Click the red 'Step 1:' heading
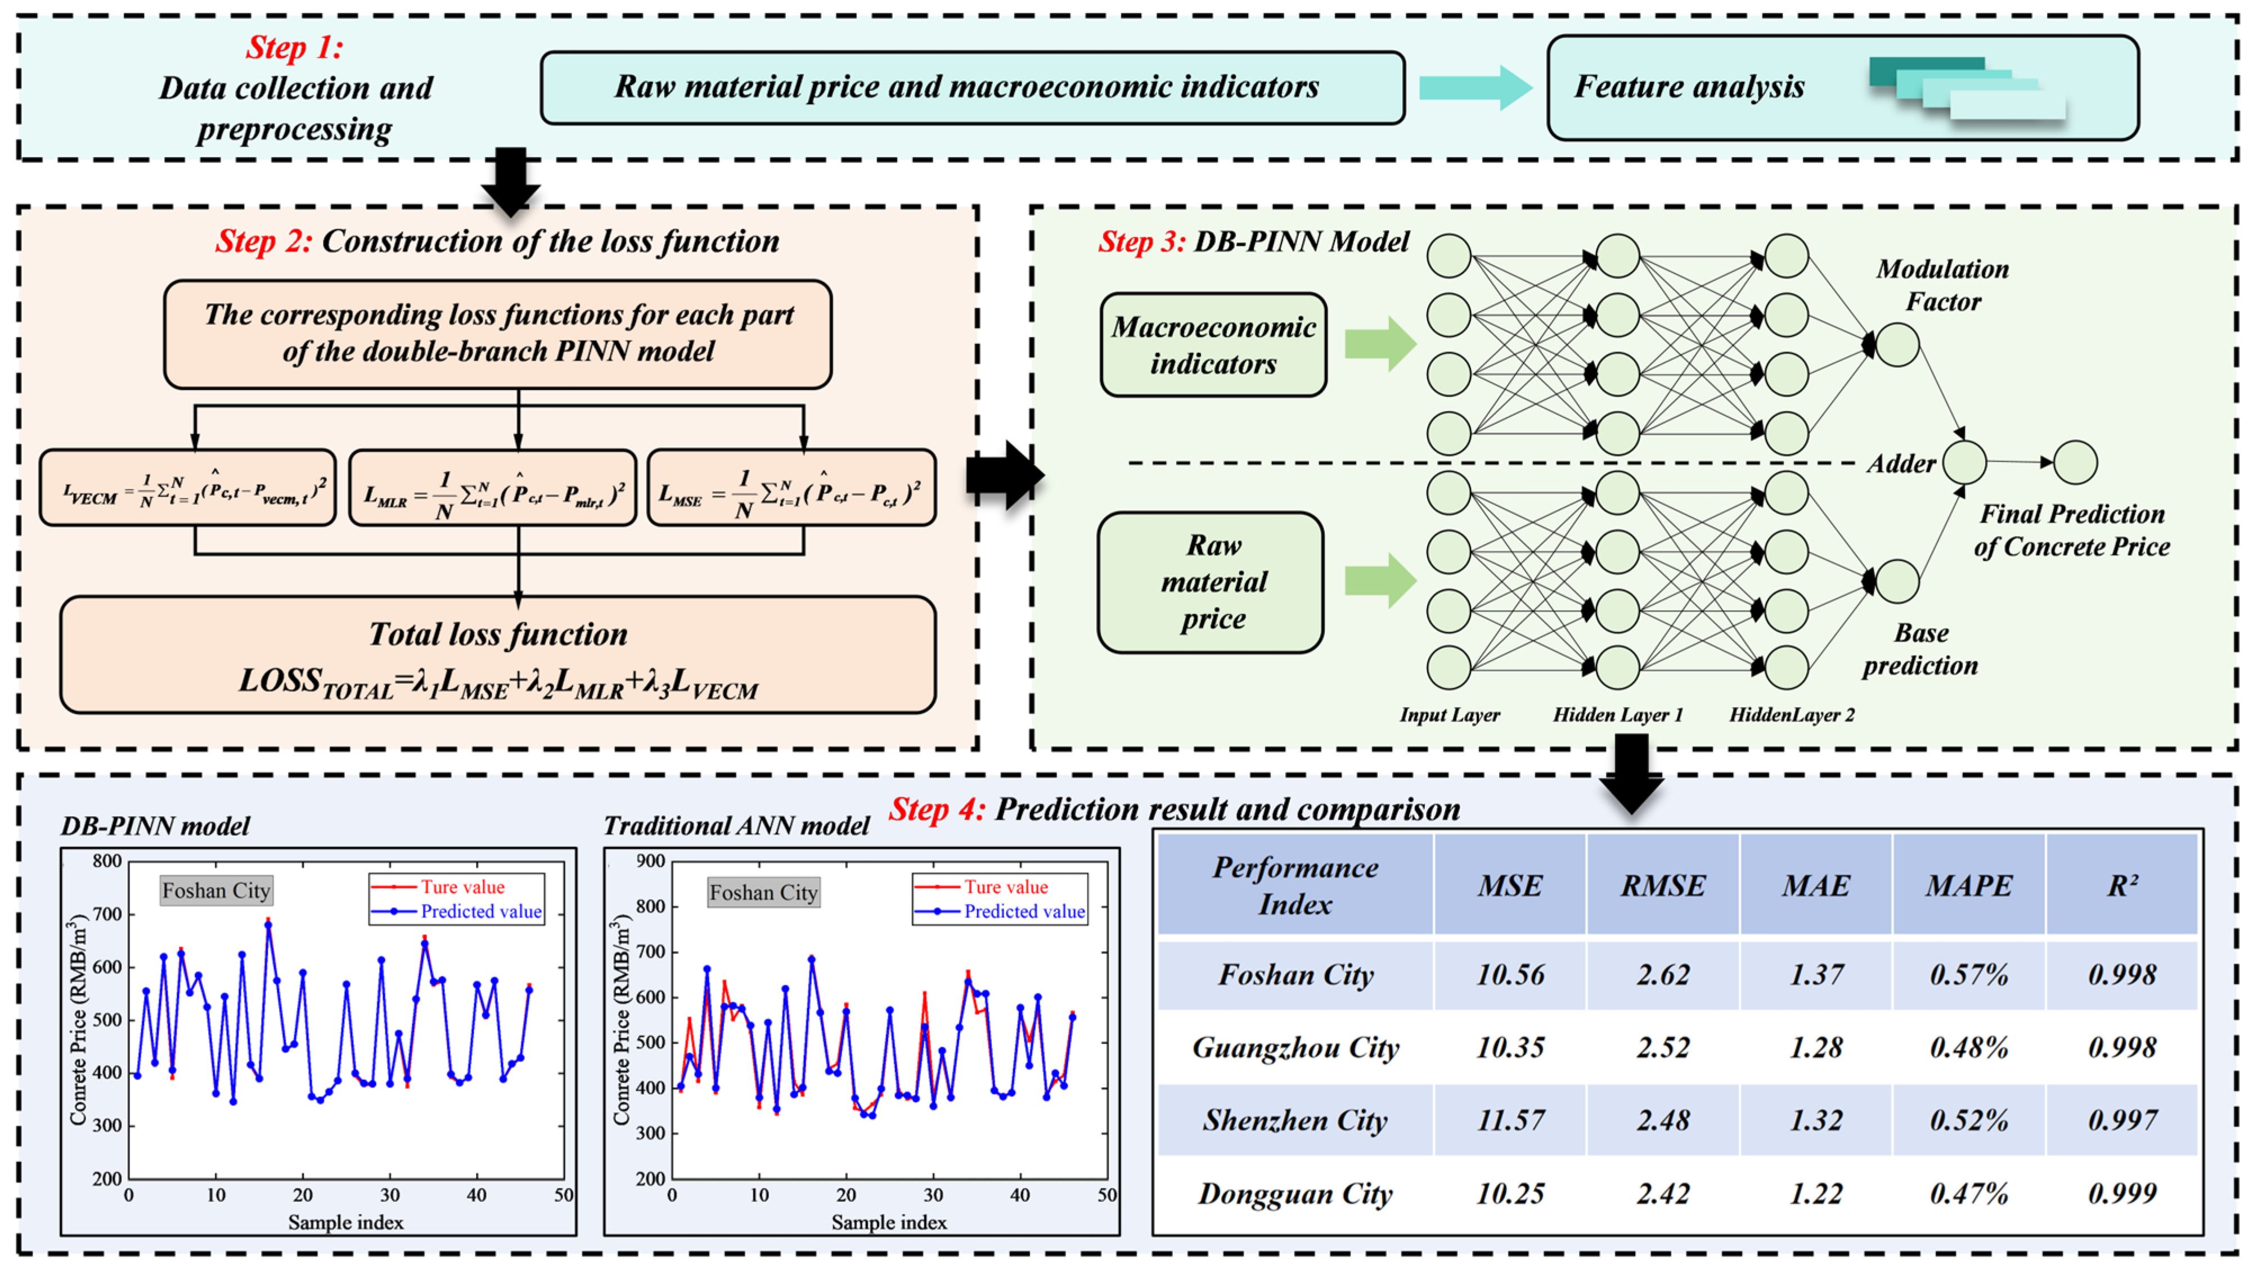click(x=294, y=47)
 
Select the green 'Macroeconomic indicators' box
click(x=1213, y=345)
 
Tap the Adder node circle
click(x=1964, y=462)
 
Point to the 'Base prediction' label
click(x=1920, y=649)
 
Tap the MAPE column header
click(x=1968, y=885)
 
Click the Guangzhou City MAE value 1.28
click(x=1816, y=1047)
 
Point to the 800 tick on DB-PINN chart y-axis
click(x=107, y=861)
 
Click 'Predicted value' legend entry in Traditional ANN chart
click(x=1024, y=912)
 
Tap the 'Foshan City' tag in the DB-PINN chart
click(x=216, y=891)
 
